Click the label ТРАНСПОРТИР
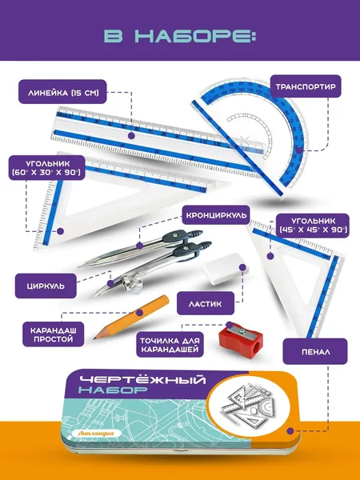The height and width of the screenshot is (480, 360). (x=306, y=86)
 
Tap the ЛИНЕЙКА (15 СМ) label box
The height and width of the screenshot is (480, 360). (x=62, y=92)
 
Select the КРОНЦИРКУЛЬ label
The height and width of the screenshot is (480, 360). (x=216, y=215)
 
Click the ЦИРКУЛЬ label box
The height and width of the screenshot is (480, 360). (x=46, y=286)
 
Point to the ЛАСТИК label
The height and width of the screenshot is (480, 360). (x=206, y=303)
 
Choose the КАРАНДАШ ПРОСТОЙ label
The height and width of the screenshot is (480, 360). (x=54, y=334)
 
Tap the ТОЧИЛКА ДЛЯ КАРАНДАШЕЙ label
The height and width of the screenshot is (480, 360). (x=170, y=345)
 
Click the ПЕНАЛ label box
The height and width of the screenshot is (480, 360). (x=315, y=351)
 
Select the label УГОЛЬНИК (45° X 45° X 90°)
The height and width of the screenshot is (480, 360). (x=313, y=226)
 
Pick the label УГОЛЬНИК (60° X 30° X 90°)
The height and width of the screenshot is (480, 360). (x=46, y=168)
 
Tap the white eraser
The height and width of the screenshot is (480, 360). (x=224, y=266)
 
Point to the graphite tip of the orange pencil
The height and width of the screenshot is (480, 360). (x=94, y=338)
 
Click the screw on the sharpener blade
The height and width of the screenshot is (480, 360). (x=242, y=330)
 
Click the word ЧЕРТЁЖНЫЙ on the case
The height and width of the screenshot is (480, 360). (x=142, y=381)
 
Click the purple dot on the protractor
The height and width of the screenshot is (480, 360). (x=299, y=150)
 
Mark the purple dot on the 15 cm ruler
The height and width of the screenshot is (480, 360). (x=131, y=136)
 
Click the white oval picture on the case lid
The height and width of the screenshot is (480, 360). (x=251, y=405)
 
